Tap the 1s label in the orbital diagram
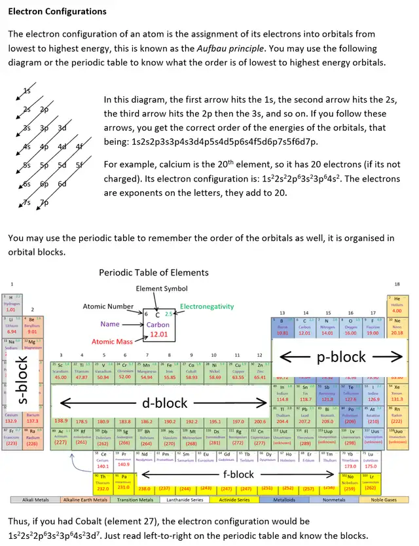pos(27,90)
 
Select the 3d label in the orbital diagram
pos(62,128)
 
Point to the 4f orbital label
pos(79,146)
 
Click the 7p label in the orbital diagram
pos(45,202)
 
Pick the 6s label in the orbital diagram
pos(27,184)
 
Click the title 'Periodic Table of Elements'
pos(153,272)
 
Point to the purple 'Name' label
pos(110,323)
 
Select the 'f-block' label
pos(238,474)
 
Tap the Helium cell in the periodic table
pos(397,304)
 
